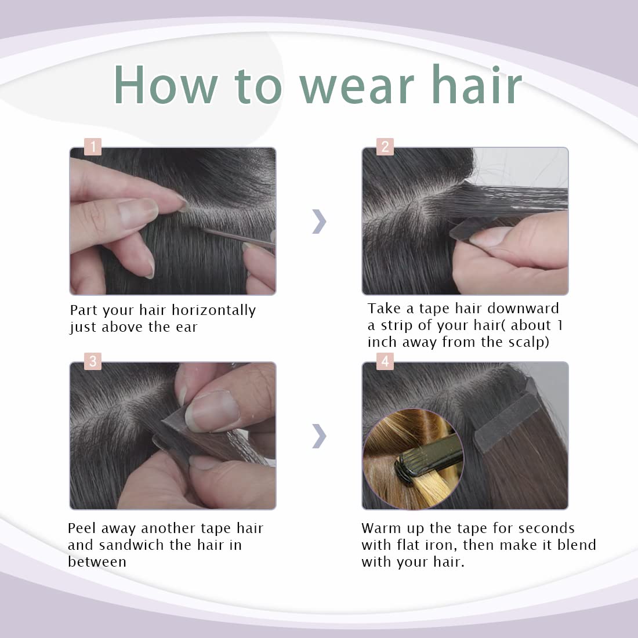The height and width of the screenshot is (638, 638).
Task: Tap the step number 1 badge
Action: (93, 146)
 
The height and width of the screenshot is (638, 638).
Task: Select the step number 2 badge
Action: (385, 146)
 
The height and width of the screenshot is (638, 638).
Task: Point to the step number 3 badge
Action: (93, 361)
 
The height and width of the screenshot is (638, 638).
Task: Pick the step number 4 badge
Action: (385, 361)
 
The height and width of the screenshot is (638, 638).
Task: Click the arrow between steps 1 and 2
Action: (319, 222)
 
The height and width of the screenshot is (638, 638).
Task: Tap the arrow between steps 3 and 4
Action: (319, 436)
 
